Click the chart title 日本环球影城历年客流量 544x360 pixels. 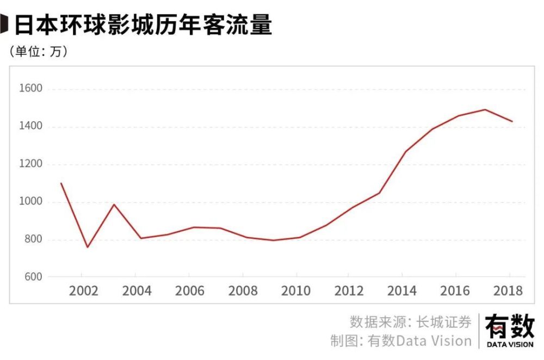[x=143, y=25]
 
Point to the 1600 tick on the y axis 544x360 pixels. [x=30, y=89]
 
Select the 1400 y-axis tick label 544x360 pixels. [x=30, y=127]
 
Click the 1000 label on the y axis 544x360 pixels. [x=30, y=202]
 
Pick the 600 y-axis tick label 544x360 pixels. [x=30, y=277]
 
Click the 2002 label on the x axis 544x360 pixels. [x=84, y=291]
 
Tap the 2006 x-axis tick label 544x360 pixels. [x=190, y=291]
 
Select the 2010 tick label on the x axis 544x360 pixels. [x=296, y=291]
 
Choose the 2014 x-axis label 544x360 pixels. [x=402, y=291]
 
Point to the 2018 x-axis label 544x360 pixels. [x=508, y=291]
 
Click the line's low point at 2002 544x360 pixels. [x=87, y=247]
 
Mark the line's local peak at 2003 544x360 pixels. [x=113, y=204]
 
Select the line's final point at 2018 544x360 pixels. [x=512, y=121]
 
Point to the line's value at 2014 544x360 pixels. [x=406, y=151]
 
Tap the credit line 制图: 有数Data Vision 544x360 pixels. [x=401, y=341]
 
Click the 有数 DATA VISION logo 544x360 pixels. [x=510, y=330]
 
